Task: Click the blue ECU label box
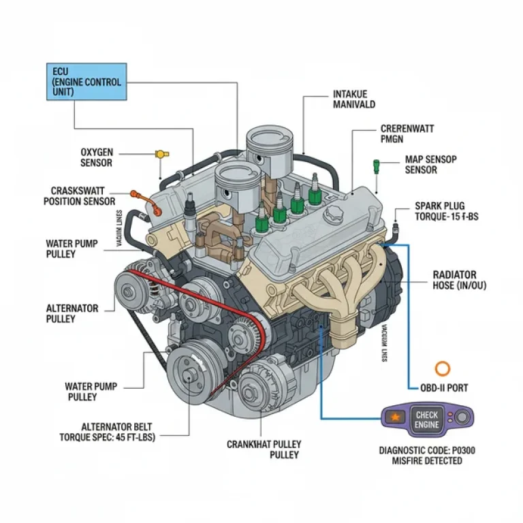(x=86, y=81)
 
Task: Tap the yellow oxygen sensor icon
(x=161, y=154)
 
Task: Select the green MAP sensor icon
(x=376, y=165)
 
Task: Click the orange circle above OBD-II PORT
(x=443, y=368)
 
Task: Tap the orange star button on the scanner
(x=394, y=417)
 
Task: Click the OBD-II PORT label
(x=443, y=388)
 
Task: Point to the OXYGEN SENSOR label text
(x=96, y=157)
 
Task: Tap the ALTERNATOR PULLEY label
(x=72, y=313)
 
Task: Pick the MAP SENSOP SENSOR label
(x=430, y=164)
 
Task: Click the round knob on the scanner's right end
(x=462, y=417)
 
